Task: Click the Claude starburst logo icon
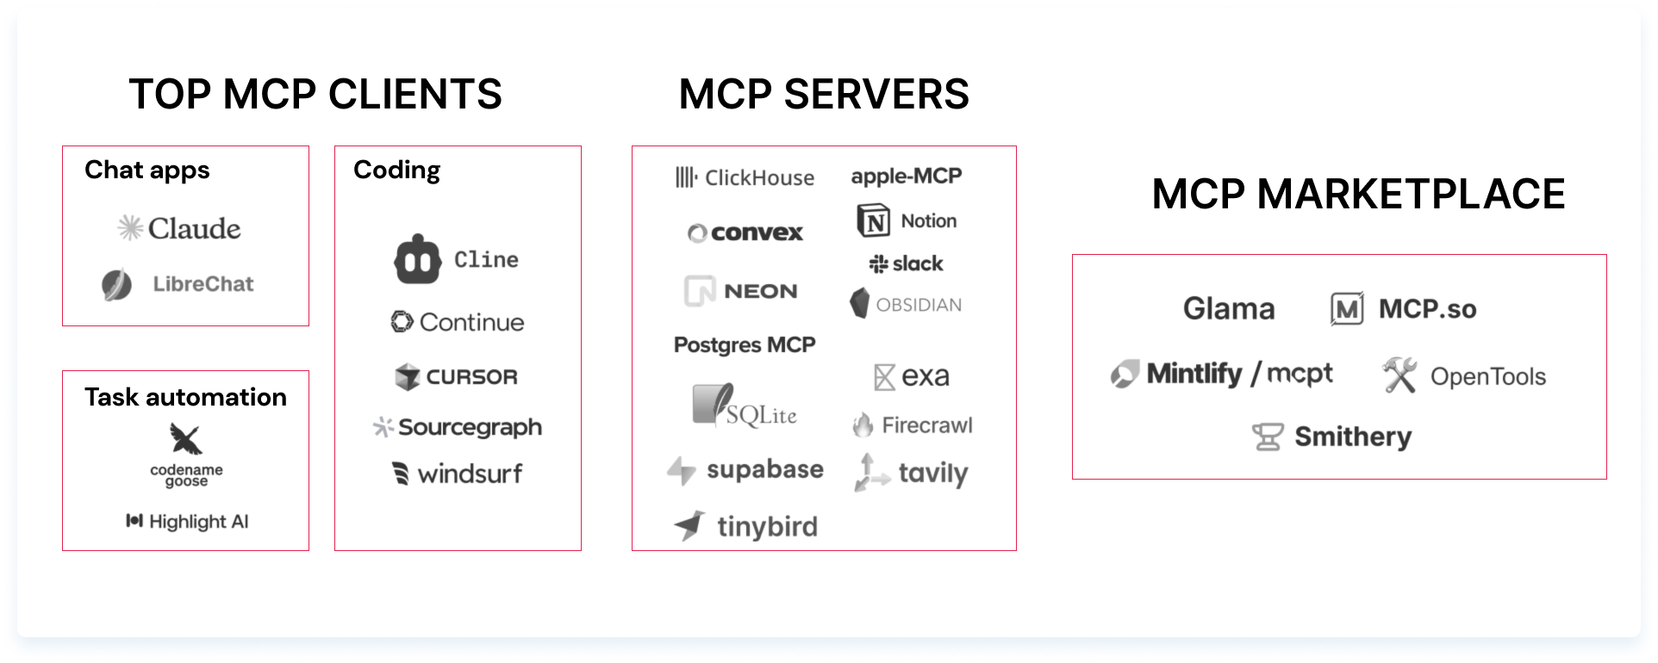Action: (x=130, y=228)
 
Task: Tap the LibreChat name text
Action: (x=203, y=284)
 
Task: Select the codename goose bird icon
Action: (x=185, y=438)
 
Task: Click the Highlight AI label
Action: (x=198, y=522)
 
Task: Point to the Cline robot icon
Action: (x=418, y=259)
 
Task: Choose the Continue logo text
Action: (x=471, y=322)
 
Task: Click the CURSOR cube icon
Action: (x=407, y=377)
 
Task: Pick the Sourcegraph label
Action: (x=470, y=427)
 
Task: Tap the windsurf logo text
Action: (x=470, y=474)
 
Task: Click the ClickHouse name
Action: (x=759, y=178)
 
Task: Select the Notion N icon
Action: (x=874, y=221)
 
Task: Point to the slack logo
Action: (x=907, y=263)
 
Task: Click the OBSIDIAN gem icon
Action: (x=859, y=303)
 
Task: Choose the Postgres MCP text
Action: (x=745, y=345)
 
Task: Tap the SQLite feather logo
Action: (x=714, y=404)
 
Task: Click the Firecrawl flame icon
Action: (x=863, y=424)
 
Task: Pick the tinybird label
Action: (x=767, y=526)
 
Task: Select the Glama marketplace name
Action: (x=1229, y=308)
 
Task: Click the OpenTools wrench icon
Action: (x=1399, y=375)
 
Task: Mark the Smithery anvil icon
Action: (x=1268, y=437)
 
